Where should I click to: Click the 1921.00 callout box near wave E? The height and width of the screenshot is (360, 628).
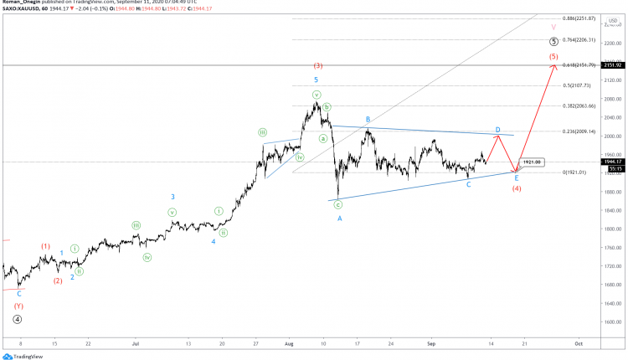point(532,162)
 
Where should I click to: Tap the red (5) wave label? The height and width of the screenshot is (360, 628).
point(553,57)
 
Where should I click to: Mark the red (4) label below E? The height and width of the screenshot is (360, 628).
point(517,188)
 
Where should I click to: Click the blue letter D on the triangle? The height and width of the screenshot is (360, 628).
point(497,130)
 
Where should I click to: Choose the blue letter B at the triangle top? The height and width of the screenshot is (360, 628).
point(367,120)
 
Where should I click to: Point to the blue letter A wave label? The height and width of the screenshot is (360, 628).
point(339,219)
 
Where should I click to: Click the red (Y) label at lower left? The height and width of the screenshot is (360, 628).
point(18,306)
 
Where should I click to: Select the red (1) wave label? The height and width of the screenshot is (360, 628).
point(45,246)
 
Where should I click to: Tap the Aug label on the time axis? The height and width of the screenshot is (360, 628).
point(289,343)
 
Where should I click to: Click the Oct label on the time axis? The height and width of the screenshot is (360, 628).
point(578,343)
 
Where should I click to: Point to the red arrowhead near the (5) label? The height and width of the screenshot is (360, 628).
point(553,67)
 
